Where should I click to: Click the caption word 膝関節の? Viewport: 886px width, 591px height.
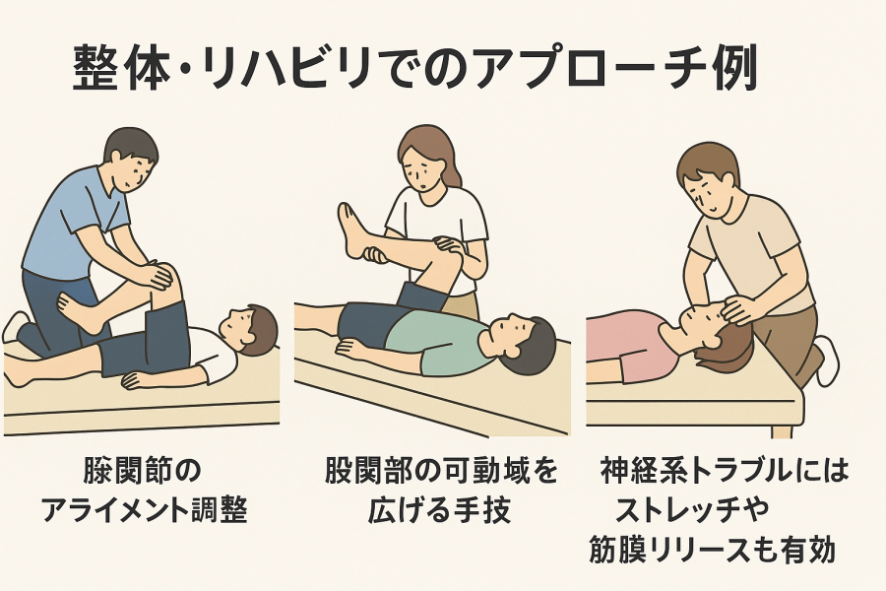click(142, 471)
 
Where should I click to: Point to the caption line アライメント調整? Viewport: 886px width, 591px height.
click(145, 509)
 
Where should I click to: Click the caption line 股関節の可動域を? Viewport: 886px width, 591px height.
click(441, 471)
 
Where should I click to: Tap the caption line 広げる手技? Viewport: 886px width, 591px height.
click(440, 509)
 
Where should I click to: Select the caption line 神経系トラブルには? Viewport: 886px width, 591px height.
click(725, 471)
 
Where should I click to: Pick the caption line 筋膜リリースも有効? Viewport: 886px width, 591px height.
click(712, 550)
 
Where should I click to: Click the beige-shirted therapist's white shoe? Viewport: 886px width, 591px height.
click(827, 360)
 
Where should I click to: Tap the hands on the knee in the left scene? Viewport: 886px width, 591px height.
click(155, 277)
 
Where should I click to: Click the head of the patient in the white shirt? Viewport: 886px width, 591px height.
click(249, 331)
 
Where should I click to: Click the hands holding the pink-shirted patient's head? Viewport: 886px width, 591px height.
click(733, 308)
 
